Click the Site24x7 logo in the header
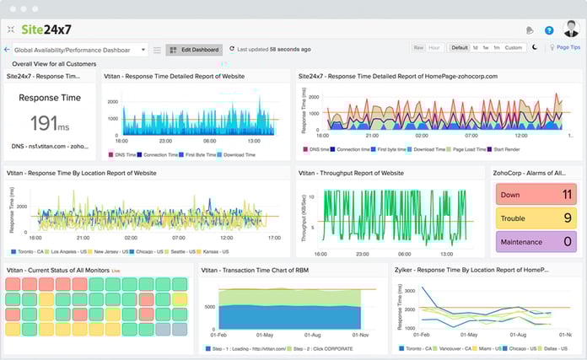pyautogui.click(x=51, y=29)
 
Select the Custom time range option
pyautogui.click(x=514, y=48)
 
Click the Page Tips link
pyautogui.click(x=565, y=48)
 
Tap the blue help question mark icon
pyautogui.click(x=549, y=30)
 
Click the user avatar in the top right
pyautogui.click(x=571, y=30)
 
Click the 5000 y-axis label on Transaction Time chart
pyautogui.click(x=209, y=306)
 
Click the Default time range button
pyautogui.click(x=459, y=48)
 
